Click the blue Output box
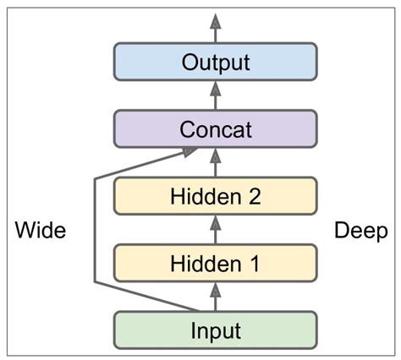(215, 62)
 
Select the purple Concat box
(215, 130)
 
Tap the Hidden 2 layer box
(215, 196)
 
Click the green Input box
(215, 329)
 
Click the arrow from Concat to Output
(215, 95)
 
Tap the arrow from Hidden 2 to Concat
(215, 162)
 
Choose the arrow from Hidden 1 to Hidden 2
(215, 229)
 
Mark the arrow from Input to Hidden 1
(215, 295)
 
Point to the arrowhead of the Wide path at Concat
(193, 152)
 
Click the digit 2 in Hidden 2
(252, 196)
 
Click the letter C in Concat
(188, 130)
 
